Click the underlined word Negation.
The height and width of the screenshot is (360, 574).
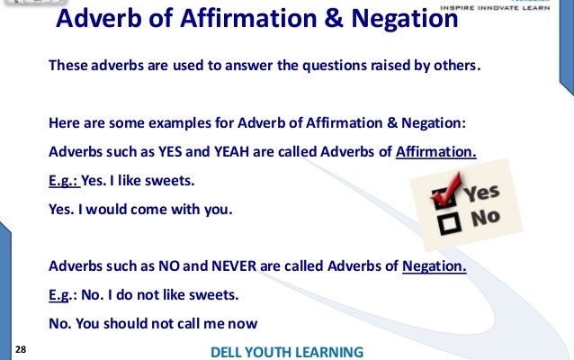[x=435, y=267]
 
